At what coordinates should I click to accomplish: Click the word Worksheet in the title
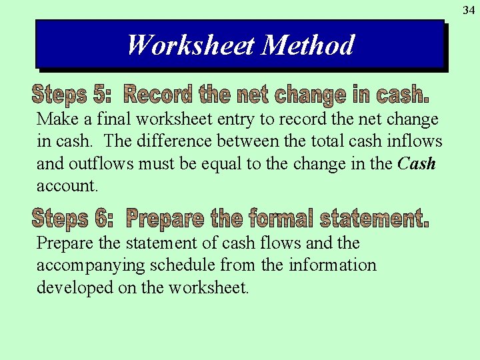pos(191,45)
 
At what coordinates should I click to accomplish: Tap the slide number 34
pos(469,9)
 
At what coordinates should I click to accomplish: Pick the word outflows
pos(97,163)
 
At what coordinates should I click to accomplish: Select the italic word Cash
pos(417,163)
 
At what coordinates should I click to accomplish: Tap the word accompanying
pos(90,265)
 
